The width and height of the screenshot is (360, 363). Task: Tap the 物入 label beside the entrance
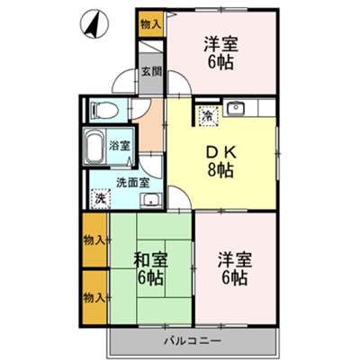click(x=150, y=25)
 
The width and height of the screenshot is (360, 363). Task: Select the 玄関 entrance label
click(x=150, y=74)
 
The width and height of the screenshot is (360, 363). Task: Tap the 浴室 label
click(x=120, y=144)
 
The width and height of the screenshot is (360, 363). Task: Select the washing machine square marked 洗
click(x=99, y=198)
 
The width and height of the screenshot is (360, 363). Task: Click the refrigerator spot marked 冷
click(x=208, y=114)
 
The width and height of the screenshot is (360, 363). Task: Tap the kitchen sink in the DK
click(x=238, y=111)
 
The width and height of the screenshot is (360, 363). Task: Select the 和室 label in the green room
click(x=149, y=259)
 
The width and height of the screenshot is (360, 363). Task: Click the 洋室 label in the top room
click(x=219, y=43)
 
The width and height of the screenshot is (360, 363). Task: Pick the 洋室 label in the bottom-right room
click(x=233, y=259)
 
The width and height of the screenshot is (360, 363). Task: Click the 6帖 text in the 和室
click(x=149, y=277)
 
